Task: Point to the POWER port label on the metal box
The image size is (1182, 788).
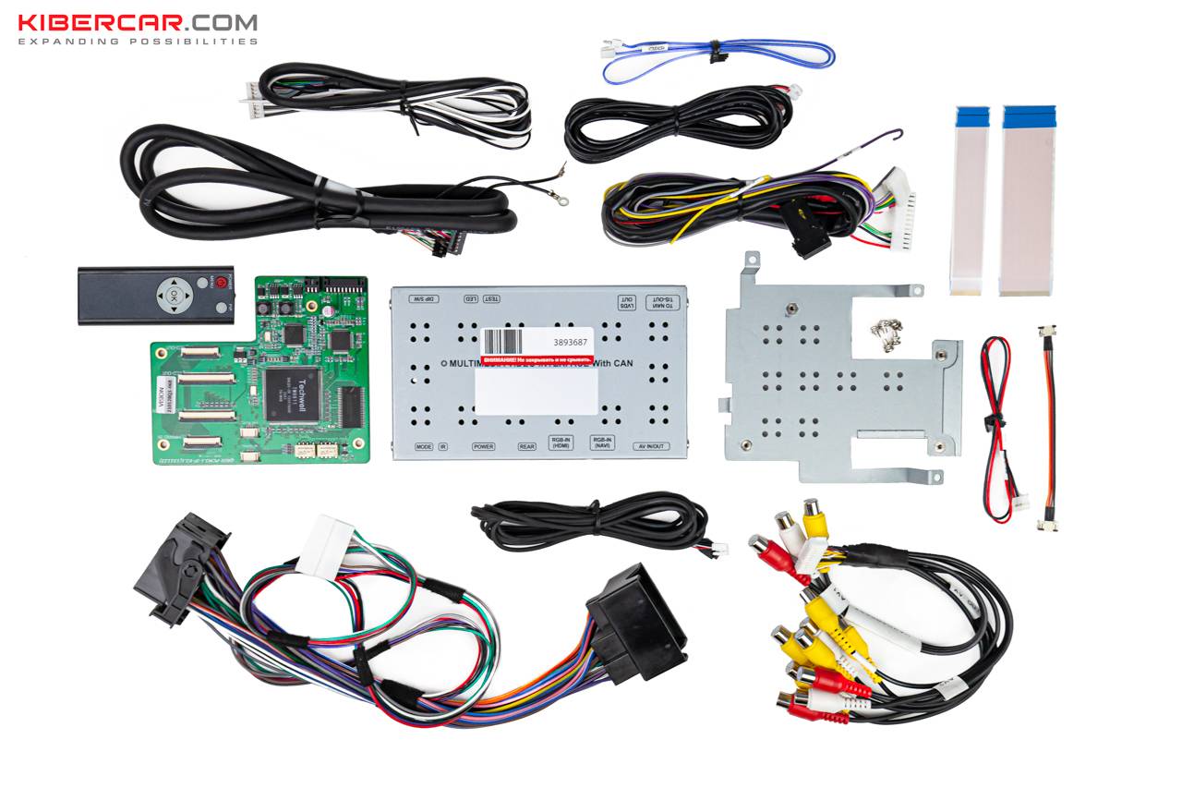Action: (x=483, y=446)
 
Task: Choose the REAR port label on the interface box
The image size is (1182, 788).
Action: (x=526, y=446)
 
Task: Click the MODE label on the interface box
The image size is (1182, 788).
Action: (x=424, y=446)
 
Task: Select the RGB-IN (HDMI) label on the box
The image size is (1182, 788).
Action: (x=561, y=443)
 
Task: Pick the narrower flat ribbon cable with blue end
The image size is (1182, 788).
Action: (x=970, y=199)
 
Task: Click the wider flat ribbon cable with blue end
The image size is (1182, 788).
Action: (x=1027, y=199)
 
